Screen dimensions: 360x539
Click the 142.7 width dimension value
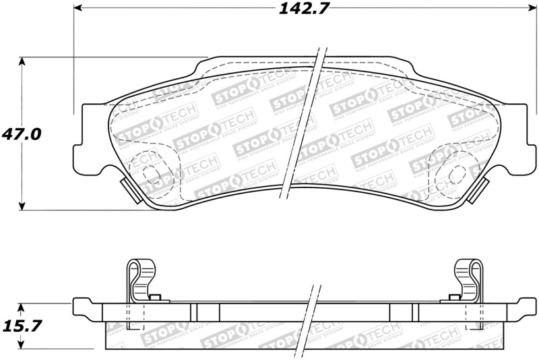[300, 9]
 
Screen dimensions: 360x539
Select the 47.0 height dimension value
[22, 133]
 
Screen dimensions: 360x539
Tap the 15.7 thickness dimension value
[22, 326]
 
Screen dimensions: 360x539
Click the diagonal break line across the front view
[304, 121]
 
